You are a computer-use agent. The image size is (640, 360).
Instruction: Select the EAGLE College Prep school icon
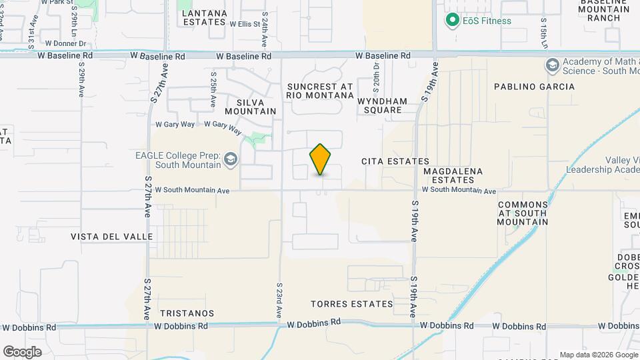(231, 159)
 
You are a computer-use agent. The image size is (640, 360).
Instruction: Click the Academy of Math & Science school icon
(552, 65)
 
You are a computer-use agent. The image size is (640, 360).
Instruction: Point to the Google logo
(22, 351)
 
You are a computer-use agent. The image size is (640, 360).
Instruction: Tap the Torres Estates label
(352, 304)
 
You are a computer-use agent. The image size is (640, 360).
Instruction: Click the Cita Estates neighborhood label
(395, 161)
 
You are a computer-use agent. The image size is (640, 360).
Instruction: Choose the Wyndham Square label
(382, 105)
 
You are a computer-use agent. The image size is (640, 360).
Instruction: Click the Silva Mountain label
(251, 107)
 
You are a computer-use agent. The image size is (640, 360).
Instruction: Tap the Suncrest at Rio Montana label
(320, 91)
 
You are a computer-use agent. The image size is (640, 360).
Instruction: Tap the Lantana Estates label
(204, 17)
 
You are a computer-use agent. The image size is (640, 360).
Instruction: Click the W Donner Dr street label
(65, 43)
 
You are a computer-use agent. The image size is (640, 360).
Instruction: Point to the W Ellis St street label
(244, 24)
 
